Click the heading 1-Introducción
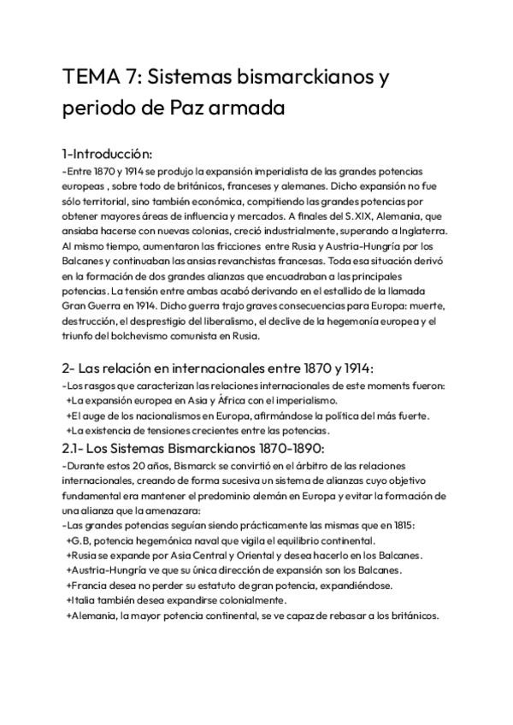click(107, 155)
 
